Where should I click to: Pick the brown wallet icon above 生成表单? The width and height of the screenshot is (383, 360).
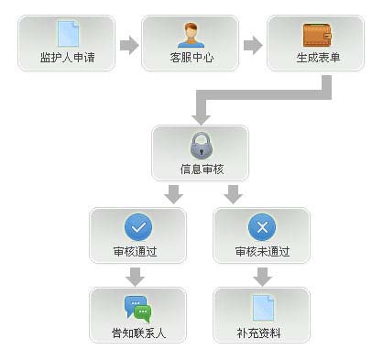click(x=315, y=35)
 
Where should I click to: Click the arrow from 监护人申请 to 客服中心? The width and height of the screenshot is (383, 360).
click(x=129, y=44)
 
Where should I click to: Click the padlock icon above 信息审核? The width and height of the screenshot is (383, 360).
click(x=201, y=145)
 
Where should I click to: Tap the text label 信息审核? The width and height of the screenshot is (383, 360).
click(x=201, y=169)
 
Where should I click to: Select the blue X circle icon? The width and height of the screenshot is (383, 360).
click(x=262, y=225)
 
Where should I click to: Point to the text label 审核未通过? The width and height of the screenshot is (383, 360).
click(x=262, y=251)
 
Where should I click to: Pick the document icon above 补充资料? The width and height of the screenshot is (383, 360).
click(x=262, y=307)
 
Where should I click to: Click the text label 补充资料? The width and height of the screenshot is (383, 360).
click(x=262, y=332)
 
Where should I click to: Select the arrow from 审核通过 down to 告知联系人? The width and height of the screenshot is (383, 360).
click(x=137, y=276)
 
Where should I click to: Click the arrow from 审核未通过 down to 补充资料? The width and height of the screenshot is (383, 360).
click(x=262, y=276)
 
